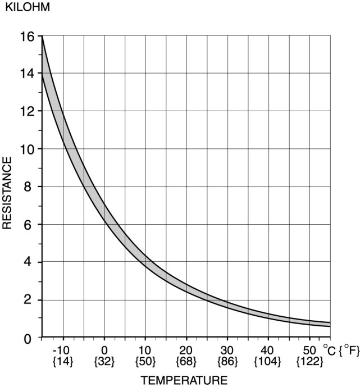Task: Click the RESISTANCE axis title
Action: click(x=7, y=193)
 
